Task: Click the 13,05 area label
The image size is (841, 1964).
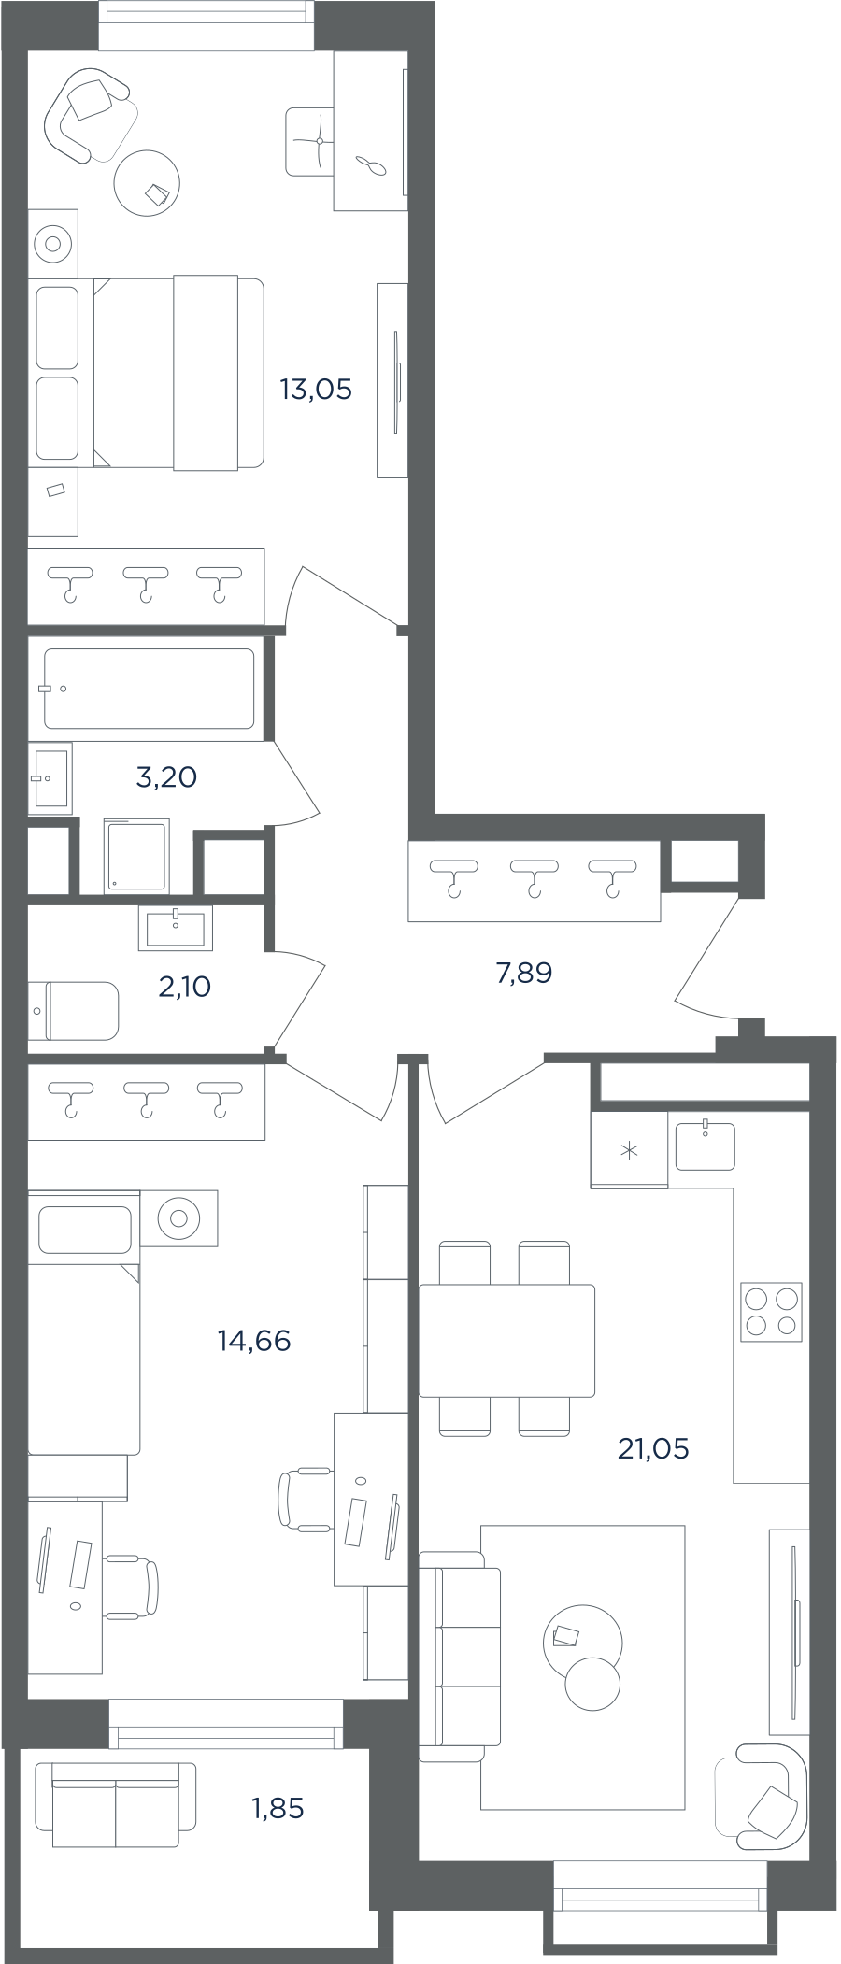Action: click(316, 390)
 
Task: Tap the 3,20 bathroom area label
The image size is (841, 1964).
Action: click(166, 776)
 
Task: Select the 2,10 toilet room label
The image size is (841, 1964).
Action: click(184, 986)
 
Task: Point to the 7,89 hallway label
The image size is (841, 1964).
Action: click(523, 973)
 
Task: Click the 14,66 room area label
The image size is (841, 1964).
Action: click(254, 1341)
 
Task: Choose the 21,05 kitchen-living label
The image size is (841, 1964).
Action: click(653, 1448)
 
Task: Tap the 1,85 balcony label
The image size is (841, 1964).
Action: click(278, 1808)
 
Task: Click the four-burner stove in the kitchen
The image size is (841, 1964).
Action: click(772, 1312)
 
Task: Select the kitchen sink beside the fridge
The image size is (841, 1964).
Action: click(706, 1146)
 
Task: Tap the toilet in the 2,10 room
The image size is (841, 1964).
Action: click(74, 1010)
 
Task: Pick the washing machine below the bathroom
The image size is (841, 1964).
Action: click(137, 856)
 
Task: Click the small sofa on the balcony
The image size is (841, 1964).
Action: click(116, 1804)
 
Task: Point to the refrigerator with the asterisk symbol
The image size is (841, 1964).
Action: click(629, 1149)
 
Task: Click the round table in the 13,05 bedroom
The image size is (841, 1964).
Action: click(147, 183)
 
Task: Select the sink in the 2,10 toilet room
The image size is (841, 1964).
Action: click(176, 928)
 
